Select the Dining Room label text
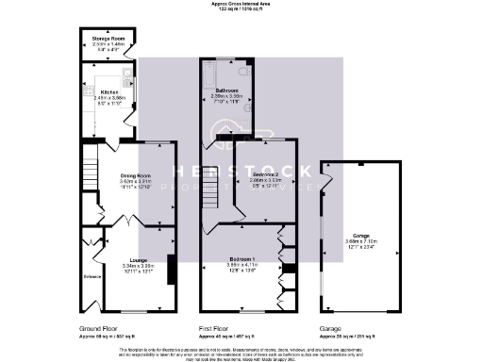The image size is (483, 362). click(x=135, y=176)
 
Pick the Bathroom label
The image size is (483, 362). click(x=226, y=90)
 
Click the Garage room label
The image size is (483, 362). click(x=361, y=235)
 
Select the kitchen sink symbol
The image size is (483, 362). click(x=125, y=79)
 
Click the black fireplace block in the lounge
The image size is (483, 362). click(x=172, y=268)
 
